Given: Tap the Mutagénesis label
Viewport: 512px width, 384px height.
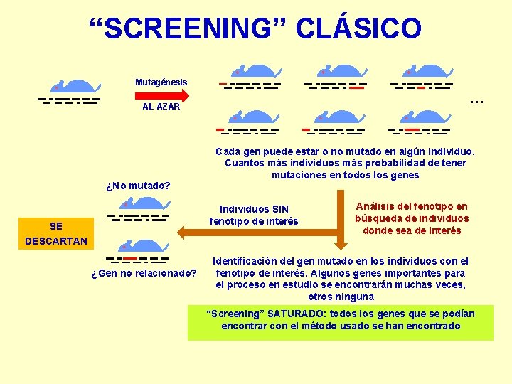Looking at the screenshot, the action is (161, 82).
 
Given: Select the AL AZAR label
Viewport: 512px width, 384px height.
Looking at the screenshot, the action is (161, 107).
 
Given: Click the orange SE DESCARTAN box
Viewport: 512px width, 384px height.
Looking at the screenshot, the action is (56, 233).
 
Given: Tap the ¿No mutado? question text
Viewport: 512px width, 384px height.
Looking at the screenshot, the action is (138, 186).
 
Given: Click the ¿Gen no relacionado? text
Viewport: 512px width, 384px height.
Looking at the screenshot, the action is (144, 273).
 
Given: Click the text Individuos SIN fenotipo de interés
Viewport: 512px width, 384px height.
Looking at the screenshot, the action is (254, 215).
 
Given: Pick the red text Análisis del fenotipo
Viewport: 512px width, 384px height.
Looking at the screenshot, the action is (412, 218).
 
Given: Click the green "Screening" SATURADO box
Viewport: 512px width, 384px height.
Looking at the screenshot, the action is (341, 322).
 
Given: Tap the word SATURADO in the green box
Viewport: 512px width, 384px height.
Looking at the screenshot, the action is (298, 314).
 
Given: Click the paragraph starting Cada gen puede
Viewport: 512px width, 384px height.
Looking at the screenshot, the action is (346, 163).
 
